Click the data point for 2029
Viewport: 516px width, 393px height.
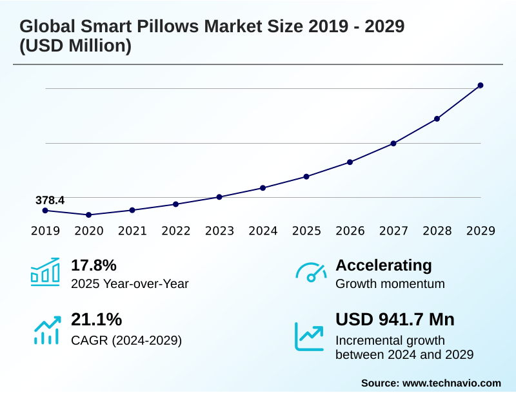pos(481,85)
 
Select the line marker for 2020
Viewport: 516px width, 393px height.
pos(89,215)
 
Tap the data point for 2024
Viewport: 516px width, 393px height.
pos(263,187)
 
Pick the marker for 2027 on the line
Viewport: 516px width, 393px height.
pos(393,143)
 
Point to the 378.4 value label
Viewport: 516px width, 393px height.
pos(50,200)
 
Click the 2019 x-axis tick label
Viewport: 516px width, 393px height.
pos(45,231)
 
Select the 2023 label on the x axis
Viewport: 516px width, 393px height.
pos(219,231)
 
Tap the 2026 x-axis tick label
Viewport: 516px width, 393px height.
pos(350,231)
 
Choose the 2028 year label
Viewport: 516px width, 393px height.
pos(437,231)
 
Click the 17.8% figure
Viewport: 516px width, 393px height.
pos(94,265)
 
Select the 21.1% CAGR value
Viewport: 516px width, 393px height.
pos(96,320)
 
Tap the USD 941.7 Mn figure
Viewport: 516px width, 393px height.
pos(395,320)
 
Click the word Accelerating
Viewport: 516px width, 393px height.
pos(384,265)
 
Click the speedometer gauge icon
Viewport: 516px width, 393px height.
pos(310,272)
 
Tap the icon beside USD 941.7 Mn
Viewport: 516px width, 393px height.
pos(310,336)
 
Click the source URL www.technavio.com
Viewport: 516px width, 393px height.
pos(451,383)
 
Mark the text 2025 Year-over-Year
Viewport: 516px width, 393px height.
pos(130,283)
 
